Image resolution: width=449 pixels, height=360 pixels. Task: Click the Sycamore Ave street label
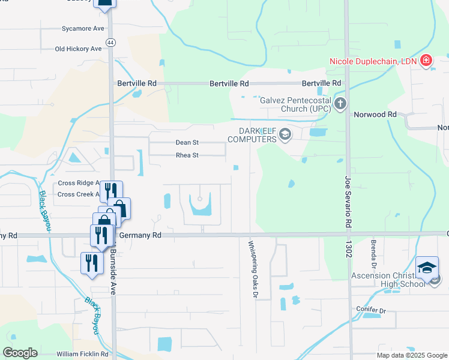click(83, 28)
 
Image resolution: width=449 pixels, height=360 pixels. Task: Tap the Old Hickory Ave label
click(78, 49)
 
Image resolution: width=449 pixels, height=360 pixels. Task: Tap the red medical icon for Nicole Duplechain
click(426, 60)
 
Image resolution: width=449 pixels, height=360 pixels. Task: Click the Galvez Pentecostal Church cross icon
click(340, 104)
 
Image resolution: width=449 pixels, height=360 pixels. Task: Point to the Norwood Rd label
click(375, 114)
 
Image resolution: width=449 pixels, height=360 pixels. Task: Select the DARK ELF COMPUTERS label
click(253, 136)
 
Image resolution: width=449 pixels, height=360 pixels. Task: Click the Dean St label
click(187, 143)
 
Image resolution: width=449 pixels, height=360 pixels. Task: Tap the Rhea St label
click(187, 155)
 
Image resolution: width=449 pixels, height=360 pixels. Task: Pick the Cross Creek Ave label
click(78, 194)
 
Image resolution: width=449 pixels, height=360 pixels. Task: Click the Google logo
click(20, 353)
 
